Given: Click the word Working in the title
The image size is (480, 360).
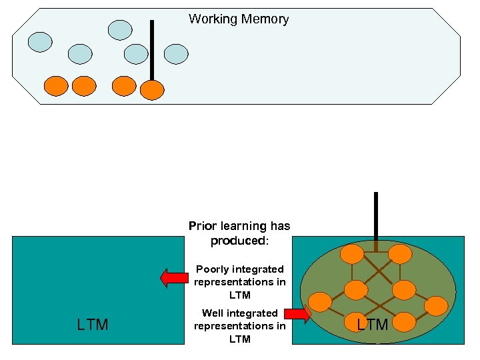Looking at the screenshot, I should [x=212, y=19].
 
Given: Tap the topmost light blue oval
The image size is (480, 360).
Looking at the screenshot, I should [x=121, y=29].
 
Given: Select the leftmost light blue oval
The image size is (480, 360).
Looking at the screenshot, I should [x=40, y=42].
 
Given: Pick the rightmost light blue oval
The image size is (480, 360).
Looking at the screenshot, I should [x=176, y=54].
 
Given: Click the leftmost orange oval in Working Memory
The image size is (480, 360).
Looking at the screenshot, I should [x=56, y=86].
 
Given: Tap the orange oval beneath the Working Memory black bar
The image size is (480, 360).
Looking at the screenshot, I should [x=153, y=89].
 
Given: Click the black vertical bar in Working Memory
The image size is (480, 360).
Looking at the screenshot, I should [x=152, y=50].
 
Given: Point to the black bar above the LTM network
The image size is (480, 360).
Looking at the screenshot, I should [x=376, y=217].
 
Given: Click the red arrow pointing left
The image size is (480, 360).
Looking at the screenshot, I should [x=175, y=277].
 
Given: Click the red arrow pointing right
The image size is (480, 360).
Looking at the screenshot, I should [x=297, y=314].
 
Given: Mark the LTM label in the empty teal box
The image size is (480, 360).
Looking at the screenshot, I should [x=93, y=325].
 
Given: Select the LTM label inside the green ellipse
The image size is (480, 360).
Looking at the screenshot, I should [x=372, y=325].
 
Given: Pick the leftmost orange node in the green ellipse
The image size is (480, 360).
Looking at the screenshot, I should [x=319, y=302].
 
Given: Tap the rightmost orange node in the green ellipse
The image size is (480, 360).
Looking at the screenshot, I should [x=436, y=306].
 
